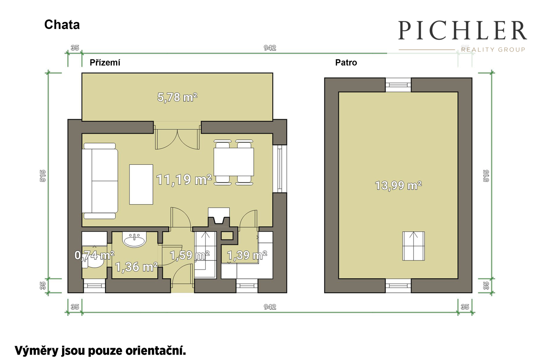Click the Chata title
(62, 25)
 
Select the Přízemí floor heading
(105, 63)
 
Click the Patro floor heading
(346, 63)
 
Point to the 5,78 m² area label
(177, 97)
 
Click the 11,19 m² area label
(184, 180)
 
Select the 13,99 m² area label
(398, 185)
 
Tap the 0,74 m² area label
(94, 255)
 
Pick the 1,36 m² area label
(136, 267)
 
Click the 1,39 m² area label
(247, 255)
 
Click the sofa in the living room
(100, 181)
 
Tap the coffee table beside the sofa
(141, 184)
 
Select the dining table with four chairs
(234, 162)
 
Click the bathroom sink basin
(134, 239)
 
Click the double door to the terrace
(177, 139)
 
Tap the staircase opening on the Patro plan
(413, 246)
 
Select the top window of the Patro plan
(398, 85)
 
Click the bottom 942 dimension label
(270, 307)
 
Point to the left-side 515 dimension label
(43, 176)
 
